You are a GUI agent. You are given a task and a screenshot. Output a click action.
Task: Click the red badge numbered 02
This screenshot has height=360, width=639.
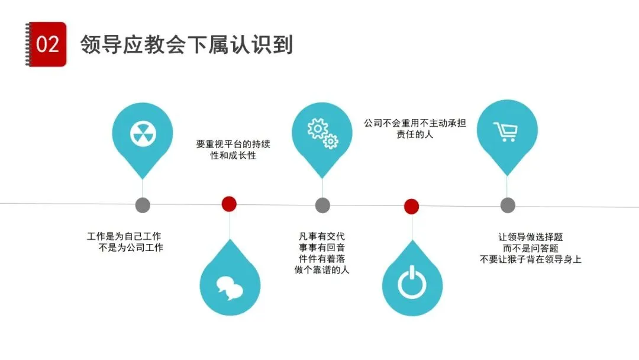(x=47, y=44)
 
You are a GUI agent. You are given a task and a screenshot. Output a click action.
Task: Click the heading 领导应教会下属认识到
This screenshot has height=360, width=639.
(x=187, y=45)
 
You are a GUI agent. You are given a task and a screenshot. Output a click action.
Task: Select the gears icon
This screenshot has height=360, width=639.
(x=322, y=133)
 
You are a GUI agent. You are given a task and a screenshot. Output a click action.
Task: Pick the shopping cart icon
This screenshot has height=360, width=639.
(x=506, y=131)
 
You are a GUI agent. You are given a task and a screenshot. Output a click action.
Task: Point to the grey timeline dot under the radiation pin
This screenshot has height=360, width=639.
(x=143, y=205)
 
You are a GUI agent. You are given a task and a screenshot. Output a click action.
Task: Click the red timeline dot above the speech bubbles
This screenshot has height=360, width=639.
(x=229, y=204)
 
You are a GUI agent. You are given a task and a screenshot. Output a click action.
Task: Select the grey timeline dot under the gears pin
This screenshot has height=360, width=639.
(x=322, y=205)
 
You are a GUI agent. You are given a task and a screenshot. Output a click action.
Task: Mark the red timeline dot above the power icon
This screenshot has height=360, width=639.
(x=412, y=206)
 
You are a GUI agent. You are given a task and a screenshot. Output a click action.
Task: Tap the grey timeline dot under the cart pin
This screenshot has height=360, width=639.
(x=508, y=205)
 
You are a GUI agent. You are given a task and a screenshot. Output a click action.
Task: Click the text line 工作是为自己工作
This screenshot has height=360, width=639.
(x=124, y=237)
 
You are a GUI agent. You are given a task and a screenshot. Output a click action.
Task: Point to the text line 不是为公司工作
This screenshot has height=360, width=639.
(x=131, y=248)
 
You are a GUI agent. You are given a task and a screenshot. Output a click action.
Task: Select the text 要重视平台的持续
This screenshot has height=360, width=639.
(x=233, y=144)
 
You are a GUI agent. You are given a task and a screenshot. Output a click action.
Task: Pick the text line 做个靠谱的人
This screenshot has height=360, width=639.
(x=322, y=270)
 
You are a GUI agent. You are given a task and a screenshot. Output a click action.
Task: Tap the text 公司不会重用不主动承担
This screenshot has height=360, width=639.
(x=415, y=124)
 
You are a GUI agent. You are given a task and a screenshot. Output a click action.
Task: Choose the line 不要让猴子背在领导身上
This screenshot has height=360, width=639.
(x=530, y=259)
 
